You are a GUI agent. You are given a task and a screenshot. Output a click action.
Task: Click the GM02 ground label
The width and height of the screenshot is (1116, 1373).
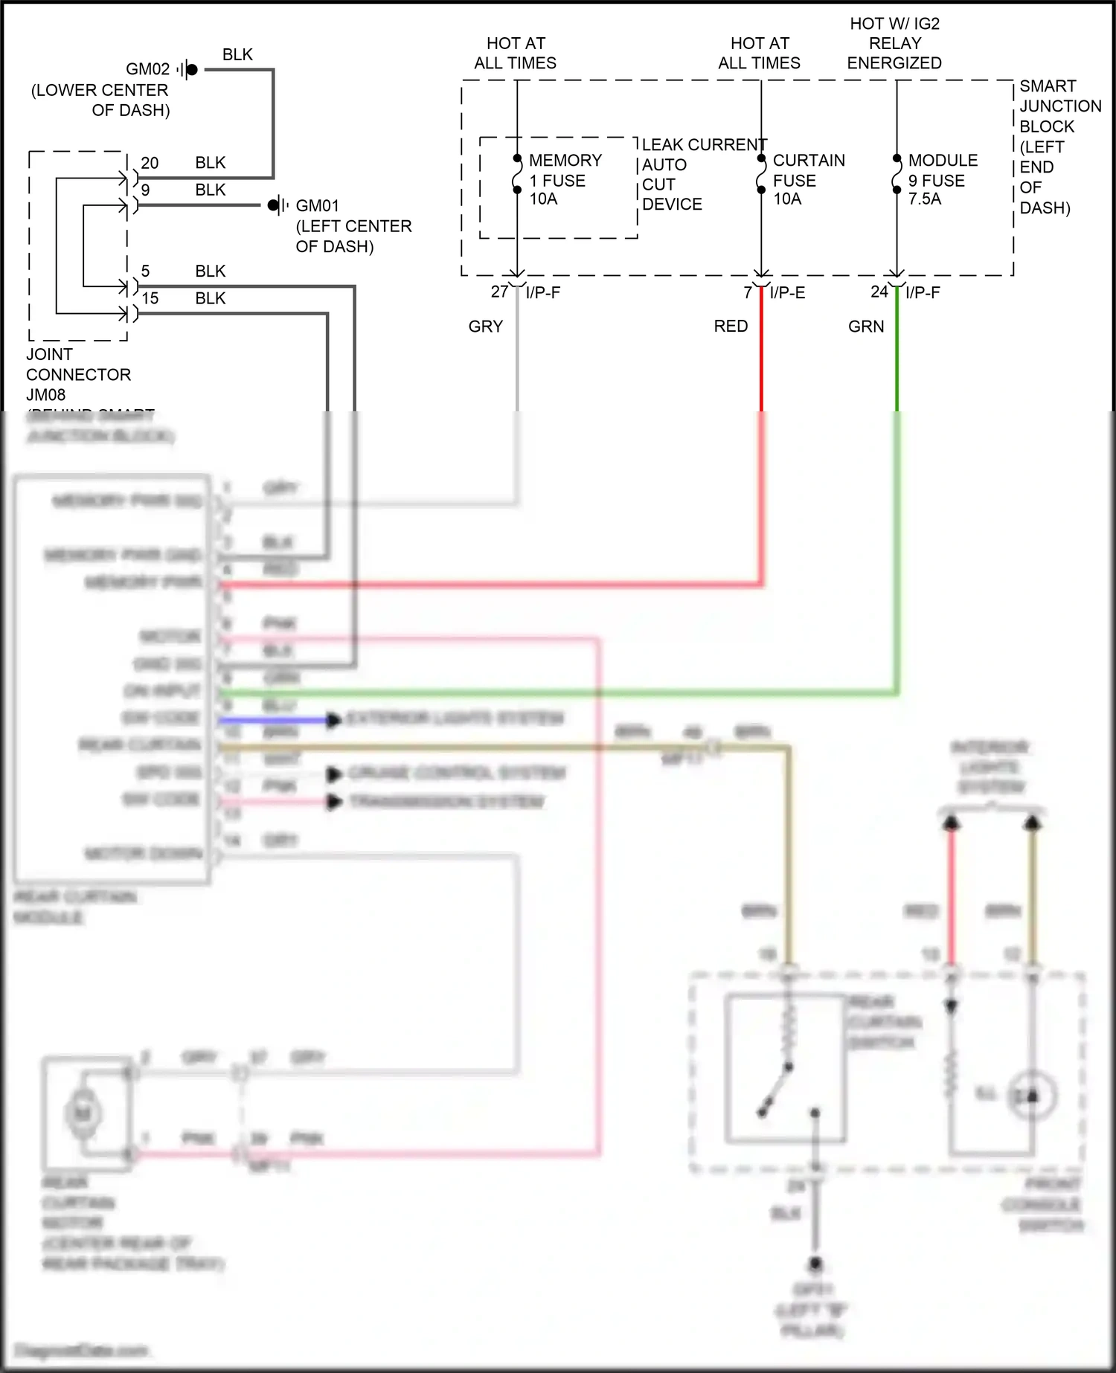tap(147, 69)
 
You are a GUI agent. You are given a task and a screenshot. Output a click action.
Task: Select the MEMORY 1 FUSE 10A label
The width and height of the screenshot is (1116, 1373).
tap(565, 179)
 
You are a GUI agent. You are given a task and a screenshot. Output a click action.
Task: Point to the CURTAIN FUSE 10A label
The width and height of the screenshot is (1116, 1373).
tap(808, 179)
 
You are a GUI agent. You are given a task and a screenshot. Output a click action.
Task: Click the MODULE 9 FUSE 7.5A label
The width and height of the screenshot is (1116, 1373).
tap(942, 179)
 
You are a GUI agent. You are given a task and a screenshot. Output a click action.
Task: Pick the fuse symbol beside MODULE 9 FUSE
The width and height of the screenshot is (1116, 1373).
tap(897, 175)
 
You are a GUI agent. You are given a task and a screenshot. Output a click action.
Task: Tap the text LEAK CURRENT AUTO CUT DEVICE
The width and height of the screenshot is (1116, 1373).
tap(703, 174)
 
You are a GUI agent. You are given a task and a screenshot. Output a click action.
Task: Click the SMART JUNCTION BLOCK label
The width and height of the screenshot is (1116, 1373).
tap(1058, 147)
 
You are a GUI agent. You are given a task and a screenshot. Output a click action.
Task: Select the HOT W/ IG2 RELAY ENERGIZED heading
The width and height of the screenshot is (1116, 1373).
tap(894, 43)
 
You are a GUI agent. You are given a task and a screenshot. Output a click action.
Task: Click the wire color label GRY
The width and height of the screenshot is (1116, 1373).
tap(486, 327)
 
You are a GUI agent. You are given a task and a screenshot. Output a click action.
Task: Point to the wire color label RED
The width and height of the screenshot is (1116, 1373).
tap(731, 327)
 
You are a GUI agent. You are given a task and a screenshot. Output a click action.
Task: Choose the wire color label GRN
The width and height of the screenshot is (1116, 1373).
tap(866, 327)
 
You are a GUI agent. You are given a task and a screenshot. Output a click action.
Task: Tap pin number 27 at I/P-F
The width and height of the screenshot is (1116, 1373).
tap(499, 292)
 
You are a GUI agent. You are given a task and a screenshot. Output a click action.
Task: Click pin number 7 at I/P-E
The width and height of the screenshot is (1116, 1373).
tap(748, 292)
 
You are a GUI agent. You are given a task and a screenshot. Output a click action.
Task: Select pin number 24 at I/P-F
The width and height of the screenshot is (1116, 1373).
tap(879, 292)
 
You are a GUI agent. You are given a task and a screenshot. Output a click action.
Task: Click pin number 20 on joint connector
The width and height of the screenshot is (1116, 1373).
tap(150, 163)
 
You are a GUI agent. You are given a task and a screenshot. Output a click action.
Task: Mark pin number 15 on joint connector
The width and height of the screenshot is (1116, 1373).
tap(150, 298)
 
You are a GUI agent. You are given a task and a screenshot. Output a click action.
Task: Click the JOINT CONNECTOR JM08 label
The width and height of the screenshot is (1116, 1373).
tap(78, 374)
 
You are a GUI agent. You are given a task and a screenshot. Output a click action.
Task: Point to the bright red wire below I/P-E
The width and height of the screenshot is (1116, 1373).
tap(761, 357)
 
